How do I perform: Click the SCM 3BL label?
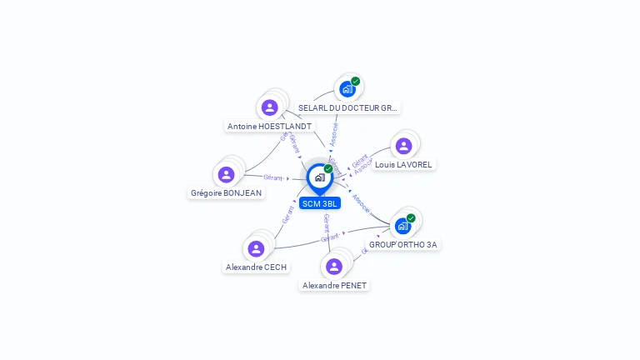[x=320, y=203]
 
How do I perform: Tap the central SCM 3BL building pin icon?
[x=319, y=177]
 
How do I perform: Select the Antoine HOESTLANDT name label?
[x=269, y=127]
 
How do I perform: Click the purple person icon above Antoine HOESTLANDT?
[x=269, y=107]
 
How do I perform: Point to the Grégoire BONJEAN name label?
[x=226, y=193]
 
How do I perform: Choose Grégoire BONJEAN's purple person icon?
[x=226, y=174]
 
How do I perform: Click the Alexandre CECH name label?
[x=256, y=267]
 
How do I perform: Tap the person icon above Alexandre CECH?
[x=256, y=248]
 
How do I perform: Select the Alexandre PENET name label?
[x=334, y=285]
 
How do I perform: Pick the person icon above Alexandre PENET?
[x=334, y=266]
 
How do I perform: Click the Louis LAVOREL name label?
[x=403, y=165]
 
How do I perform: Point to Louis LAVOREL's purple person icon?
[x=403, y=146]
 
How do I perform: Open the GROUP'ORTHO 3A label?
[x=403, y=245]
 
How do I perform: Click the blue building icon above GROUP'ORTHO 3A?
[x=402, y=226]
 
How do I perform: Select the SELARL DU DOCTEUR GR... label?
[x=348, y=108]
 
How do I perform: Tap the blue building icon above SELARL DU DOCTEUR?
[x=347, y=89]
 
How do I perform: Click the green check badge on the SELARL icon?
[x=356, y=81]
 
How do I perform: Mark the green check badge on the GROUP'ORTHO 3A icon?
[x=411, y=217]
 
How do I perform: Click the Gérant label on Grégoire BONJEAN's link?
[x=273, y=177]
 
